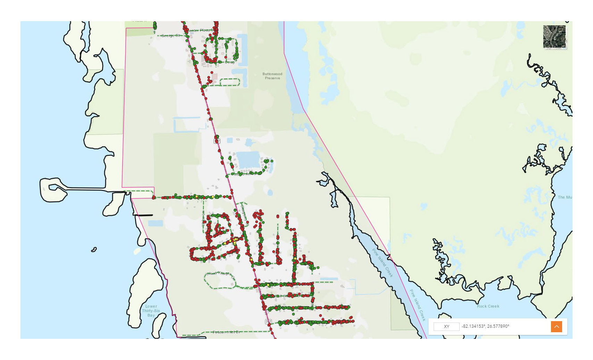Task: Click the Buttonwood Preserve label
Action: pyautogui.click(x=272, y=76)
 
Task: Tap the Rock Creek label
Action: pyautogui.click(x=488, y=306)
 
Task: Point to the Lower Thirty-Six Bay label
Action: pyautogui.click(x=151, y=311)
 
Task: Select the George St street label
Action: pyautogui.click(x=170, y=36)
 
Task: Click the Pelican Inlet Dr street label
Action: pyautogui.click(x=226, y=332)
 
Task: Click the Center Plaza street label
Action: pyautogui.click(x=200, y=31)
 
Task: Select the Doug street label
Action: pyautogui.click(x=229, y=62)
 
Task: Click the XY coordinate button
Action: pyautogui.click(x=446, y=326)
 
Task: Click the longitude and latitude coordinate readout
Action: pyautogui.click(x=485, y=326)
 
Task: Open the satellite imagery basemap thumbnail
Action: pyautogui.click(x=554, y=36)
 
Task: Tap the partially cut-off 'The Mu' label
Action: pyautogui.click(x=565, y=197)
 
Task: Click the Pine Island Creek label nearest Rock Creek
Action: pyautogui.click(x=417, y=305)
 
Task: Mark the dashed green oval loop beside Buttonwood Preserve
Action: pyautogui.click(x=230, y=82)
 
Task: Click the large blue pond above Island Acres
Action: pyautogui.click(x=248, y=160)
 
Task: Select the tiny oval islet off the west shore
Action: pyautogui.click(x=94, y=249)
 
